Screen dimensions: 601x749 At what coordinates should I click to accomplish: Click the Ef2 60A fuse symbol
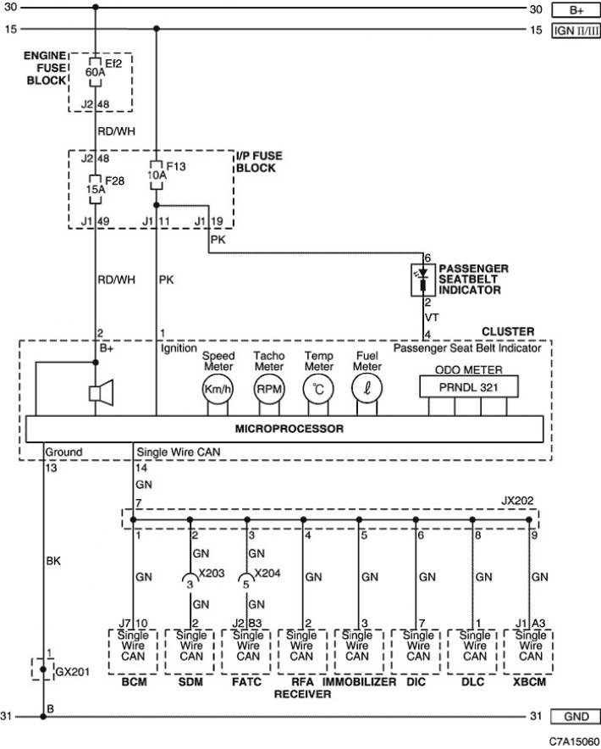96,72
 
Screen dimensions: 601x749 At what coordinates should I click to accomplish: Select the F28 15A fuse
96,189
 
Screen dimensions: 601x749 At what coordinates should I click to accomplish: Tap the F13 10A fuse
156,175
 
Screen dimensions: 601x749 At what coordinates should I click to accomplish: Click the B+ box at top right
576,9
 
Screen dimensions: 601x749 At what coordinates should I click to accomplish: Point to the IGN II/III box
576,31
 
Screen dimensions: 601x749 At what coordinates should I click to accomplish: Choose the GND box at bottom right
576,717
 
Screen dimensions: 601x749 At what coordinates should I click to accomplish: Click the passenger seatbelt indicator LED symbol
423,280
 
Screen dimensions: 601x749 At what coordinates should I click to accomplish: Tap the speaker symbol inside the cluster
102,392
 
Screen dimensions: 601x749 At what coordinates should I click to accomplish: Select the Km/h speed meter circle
218,389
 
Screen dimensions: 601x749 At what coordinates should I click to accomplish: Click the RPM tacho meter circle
269,389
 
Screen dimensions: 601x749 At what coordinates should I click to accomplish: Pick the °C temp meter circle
318,389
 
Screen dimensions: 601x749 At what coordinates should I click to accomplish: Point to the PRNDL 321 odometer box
469,387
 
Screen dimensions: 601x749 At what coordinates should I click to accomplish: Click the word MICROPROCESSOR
289,429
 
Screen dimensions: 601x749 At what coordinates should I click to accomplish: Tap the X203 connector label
211,574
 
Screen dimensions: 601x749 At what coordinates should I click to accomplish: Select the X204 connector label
267,574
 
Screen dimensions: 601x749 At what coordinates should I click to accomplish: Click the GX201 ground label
73,672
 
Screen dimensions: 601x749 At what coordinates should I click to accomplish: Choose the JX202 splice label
517,501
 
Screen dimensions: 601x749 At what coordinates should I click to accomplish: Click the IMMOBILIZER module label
360,682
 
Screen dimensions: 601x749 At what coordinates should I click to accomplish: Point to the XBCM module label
529,682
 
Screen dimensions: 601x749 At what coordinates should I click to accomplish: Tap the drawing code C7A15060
574,741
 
